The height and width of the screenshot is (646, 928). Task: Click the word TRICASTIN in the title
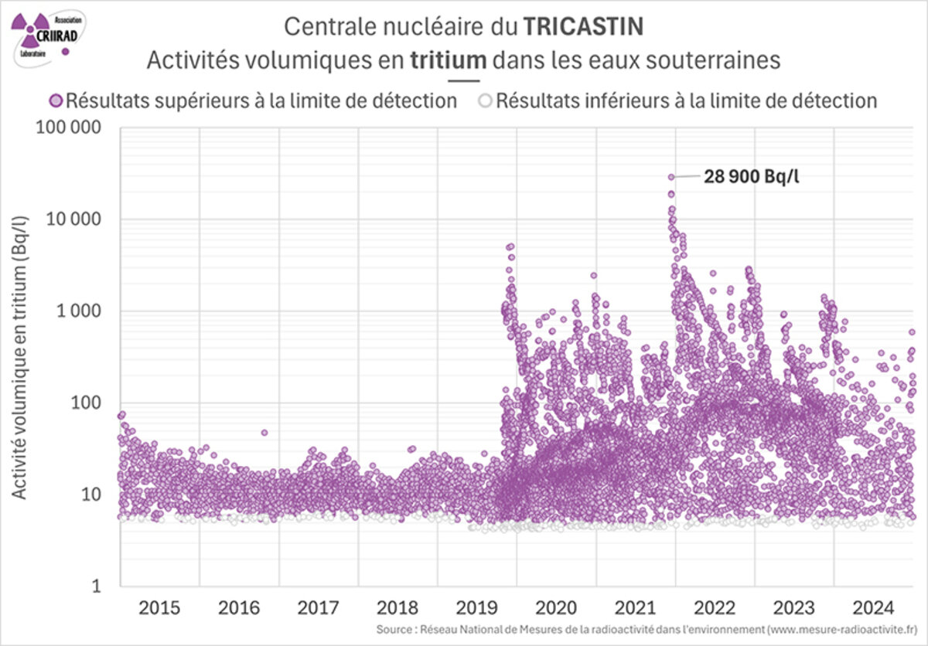583,26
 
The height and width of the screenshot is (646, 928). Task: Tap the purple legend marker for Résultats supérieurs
56,100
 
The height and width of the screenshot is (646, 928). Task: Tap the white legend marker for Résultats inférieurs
485,100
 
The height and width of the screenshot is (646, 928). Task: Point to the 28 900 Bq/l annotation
751,177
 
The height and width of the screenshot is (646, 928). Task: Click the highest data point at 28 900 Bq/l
671,177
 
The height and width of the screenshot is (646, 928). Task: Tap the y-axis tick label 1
98,586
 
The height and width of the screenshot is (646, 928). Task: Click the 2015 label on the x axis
159,607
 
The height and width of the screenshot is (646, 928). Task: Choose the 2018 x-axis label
397,607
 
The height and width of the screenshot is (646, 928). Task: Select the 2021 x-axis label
636,607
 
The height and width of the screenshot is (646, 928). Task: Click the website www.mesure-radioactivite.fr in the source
838,630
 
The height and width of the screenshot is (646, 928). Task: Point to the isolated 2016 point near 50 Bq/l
264,433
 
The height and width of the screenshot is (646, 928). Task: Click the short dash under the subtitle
463,80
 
